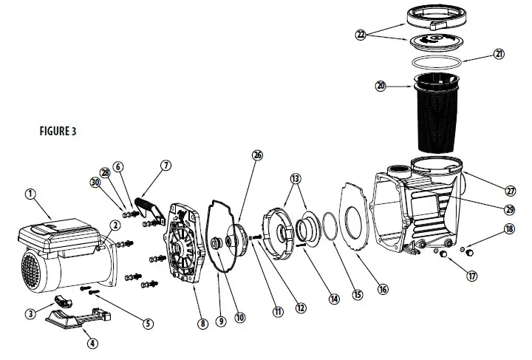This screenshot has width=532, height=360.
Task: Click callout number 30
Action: (x=95, y=183)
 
